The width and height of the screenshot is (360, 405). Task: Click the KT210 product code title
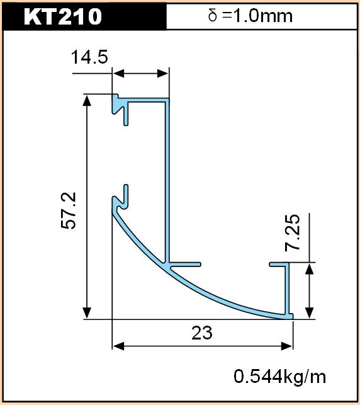coord(63,16)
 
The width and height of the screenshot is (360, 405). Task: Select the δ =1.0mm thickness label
coord(250,16)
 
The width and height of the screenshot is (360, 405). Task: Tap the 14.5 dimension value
coord(89,57)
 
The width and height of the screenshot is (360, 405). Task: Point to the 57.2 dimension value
coord(69,210)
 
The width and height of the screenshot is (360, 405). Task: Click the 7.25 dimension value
coord(293,232)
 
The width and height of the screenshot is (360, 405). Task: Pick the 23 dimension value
coord(202,333)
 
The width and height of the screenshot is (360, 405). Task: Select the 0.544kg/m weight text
coord(279,377)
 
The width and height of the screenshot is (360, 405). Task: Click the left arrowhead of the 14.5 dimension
coord(118,74)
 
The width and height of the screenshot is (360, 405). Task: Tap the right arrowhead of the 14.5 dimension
coord(163,74)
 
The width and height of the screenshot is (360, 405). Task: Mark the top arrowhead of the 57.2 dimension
coord(87,101)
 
